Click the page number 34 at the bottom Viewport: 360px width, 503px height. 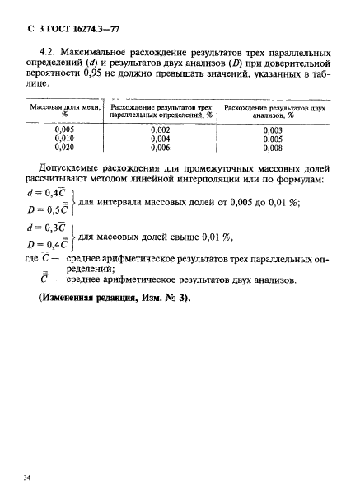[32, 476]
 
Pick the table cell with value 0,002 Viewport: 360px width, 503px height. [161, 129]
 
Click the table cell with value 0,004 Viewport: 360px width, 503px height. [161, 139]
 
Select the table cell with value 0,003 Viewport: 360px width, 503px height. [273, 129]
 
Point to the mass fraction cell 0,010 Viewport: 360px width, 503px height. [65, 139]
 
